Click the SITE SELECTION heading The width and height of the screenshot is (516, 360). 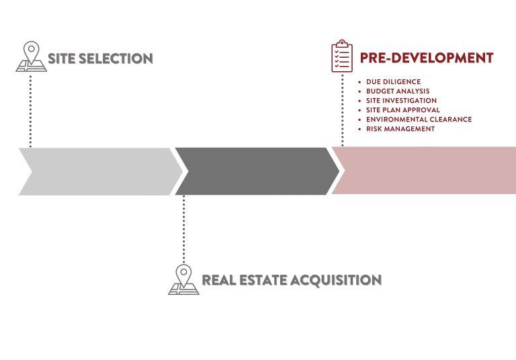[x=100, y=59]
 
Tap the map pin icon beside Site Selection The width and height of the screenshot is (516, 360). [x=31, y=56]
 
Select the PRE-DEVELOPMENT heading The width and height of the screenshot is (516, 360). [x=427, y=58]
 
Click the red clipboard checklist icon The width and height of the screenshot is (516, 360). [x=342, y=56]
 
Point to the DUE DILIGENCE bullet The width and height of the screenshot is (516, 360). [x=393, y=82]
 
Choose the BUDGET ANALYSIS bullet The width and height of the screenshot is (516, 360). [x=398, y=91]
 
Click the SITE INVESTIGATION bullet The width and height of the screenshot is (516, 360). [x=401, y=101]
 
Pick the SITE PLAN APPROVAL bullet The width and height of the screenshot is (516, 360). [x=403, y=110]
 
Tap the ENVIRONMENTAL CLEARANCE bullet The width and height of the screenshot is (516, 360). [x=419, y=120]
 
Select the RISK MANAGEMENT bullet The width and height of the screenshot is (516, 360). [x=400, y=129]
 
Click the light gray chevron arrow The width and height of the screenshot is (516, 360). [x=97, y=171]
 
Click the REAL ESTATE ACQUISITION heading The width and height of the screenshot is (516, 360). [x=292, y=280]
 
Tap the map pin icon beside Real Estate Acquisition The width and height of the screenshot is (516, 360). [x=183, y=279]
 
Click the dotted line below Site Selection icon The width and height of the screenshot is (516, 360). [x=31, y=111]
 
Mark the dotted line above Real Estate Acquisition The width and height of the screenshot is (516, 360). [x=183, y=228]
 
